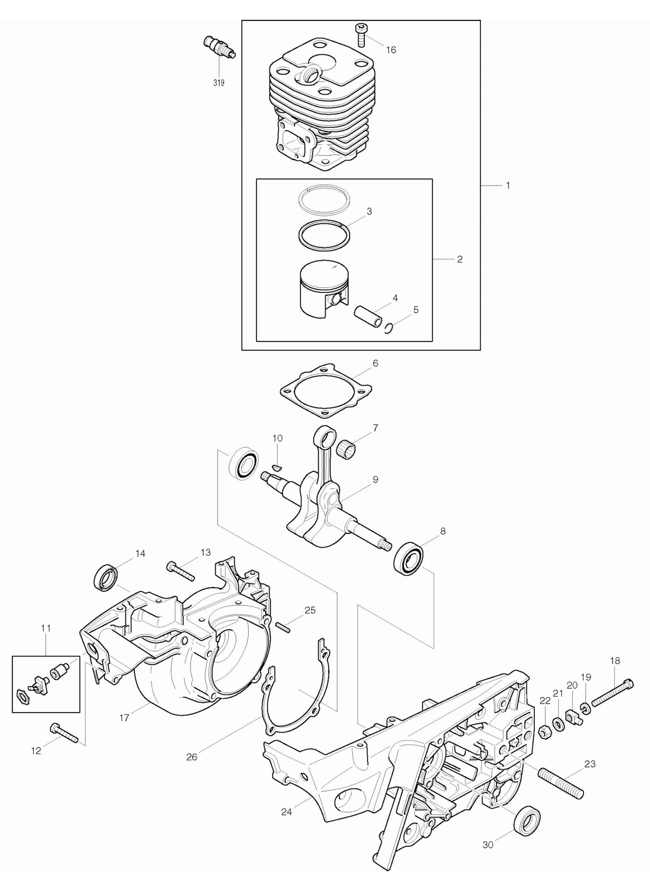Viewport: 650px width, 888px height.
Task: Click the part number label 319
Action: (x=219, y=83)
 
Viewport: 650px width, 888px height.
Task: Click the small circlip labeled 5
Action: (x=390, y=329)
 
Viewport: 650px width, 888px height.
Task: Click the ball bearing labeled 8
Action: (x=408, y=559)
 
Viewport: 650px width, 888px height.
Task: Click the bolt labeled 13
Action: (x=180, y=571)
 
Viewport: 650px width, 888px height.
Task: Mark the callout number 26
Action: (x=192, y=757)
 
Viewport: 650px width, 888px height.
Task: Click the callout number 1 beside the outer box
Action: (x=508, y=185)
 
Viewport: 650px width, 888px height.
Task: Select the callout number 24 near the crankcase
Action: (x=287, y=812)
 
